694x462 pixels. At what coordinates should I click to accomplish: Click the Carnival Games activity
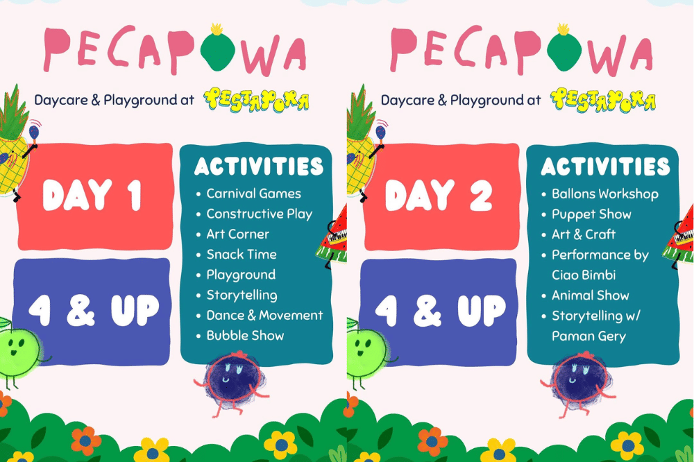pos(253,194)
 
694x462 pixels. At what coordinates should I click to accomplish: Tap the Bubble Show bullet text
pos(245,336)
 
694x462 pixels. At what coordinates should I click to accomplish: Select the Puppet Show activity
pos(591,214)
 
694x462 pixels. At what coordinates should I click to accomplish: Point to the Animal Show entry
pos(590,296)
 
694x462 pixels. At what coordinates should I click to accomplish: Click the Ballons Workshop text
pos(604,194)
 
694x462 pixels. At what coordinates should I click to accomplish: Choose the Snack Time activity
pos(241,255)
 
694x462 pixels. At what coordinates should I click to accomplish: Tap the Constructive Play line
pos(259,214)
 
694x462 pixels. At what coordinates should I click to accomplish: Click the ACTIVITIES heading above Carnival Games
pos(259,166)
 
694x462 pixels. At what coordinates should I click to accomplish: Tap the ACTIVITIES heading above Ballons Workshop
pos(605,166)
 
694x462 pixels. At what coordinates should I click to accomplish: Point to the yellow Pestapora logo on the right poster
pos(603,101)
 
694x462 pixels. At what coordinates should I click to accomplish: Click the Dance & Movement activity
pos(264,316)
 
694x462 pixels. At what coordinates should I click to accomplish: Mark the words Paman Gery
pos(589,336)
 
